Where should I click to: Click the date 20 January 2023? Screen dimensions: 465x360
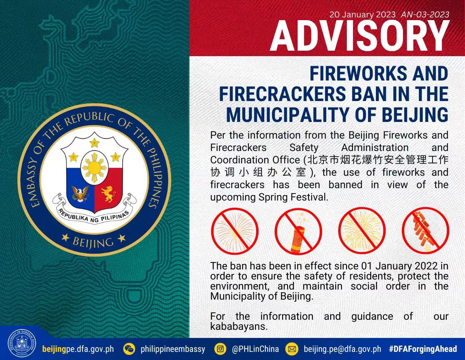pyautogui.click(x=362, y=15)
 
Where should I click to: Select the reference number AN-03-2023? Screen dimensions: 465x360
pyautogui.click(x=425, y=15)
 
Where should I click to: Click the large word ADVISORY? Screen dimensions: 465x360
pyautogui.click(x=360, y=36)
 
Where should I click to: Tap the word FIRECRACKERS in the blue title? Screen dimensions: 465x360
pyautogui.click(x=282, y=94)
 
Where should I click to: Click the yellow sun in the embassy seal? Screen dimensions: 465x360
pyautogui.click(x=95, y=168)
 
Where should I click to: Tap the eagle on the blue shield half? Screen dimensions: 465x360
pyautogui.click(x=80, y=194)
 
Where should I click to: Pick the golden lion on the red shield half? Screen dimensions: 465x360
pyautogui.click(x=109, y=194)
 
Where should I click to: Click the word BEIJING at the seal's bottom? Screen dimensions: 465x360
pyautogui.click(x=93, y=243)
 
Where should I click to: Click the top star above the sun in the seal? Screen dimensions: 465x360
pyautogui.click(x=95, y=142)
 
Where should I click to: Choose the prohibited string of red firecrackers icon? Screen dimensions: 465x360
pyautogui.click(x=425, y=231)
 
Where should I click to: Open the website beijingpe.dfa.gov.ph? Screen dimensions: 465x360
pyautogui.click(x=78, y=349)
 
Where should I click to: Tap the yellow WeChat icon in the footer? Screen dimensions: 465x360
pyautogui.click(x=129, y=349)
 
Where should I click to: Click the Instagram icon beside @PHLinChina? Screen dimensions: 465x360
pyautogui.click(x=220, y=349)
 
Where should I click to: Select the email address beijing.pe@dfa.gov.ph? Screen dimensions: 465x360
pyautogui.click(x=343, y=349)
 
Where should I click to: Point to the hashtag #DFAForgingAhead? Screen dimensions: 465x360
pyautogui.click(x=423, y=349)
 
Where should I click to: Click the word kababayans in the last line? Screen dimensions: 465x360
pyautogui.click(x=239, y=326)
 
